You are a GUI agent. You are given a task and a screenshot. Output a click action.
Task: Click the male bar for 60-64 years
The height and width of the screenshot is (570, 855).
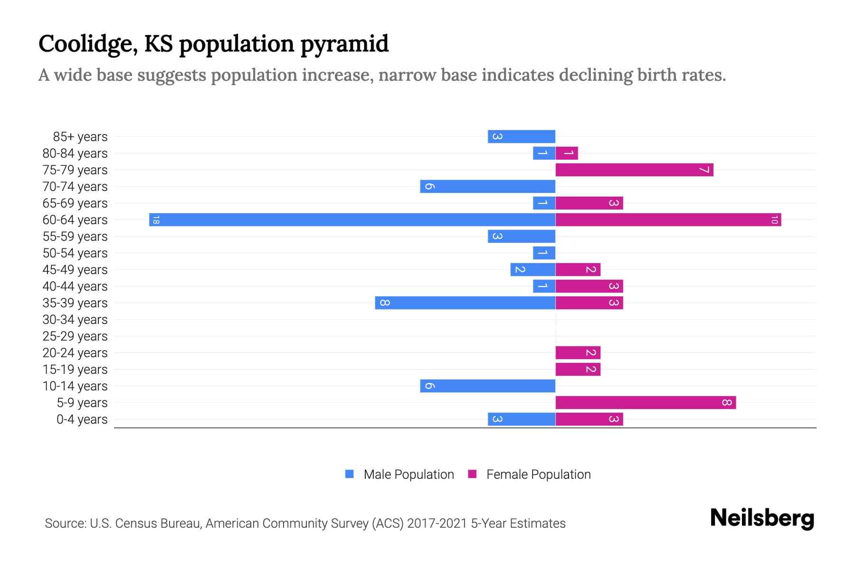tap(352, 219)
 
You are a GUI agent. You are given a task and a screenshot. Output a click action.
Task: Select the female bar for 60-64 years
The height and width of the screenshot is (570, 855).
tap(668, 219)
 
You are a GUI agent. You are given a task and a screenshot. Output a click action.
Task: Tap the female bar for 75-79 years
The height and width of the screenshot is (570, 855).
tap(634, 170)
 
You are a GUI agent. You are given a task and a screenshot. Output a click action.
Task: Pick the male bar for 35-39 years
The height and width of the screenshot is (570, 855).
tap(465, 303)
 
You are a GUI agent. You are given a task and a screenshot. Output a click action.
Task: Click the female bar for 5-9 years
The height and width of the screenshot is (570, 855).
tap(646, 402)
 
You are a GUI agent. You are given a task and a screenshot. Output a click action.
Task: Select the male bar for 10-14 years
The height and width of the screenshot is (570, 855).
tap(487, 386)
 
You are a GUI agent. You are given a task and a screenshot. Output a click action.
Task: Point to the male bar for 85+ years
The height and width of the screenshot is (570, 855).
tap(521, 136)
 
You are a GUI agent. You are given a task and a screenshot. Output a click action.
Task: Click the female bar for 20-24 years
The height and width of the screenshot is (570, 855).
tap(578, 352)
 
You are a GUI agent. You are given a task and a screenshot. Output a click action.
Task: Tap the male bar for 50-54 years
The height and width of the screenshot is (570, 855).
tap(544, 253)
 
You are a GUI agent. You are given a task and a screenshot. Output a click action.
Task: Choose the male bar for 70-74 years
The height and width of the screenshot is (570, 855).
tap(487, 186)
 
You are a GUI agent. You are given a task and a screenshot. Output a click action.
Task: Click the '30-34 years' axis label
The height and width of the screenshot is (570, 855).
tap(75, 320)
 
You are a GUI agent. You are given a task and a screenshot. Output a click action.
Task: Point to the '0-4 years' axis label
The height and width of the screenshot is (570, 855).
tap(82, 419)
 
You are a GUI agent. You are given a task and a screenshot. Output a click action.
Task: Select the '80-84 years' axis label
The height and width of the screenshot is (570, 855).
tap(75, 153)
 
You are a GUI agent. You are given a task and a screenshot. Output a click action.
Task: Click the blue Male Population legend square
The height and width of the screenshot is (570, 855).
tap(350, 474)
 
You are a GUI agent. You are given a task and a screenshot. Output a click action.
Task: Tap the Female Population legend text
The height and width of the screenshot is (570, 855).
tap(538, 475)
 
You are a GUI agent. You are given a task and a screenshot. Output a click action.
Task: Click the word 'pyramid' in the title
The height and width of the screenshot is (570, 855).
tap(344, 44)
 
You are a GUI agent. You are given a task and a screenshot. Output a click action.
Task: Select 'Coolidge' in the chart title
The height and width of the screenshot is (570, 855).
tap(88, 44)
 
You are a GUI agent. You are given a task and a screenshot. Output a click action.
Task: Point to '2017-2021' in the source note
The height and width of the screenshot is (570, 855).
tap(437, 523)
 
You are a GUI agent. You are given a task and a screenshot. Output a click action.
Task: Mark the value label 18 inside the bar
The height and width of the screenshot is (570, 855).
tap(156, 220)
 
